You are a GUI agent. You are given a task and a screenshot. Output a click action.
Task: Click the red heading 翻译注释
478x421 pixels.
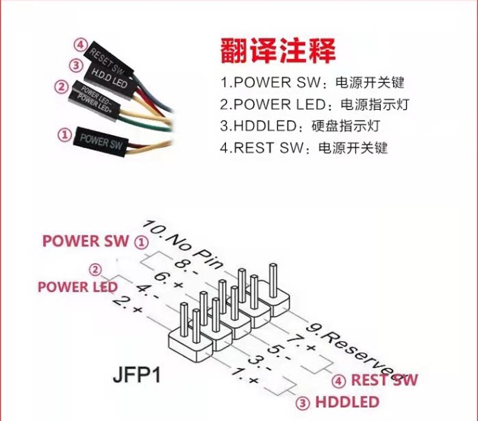279,51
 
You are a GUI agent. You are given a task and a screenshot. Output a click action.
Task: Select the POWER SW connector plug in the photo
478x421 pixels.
100,141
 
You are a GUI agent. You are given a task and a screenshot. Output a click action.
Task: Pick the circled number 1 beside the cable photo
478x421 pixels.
65,135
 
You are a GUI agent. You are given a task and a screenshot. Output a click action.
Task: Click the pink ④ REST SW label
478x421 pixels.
375,380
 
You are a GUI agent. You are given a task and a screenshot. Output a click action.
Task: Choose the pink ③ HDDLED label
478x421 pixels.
337,401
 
